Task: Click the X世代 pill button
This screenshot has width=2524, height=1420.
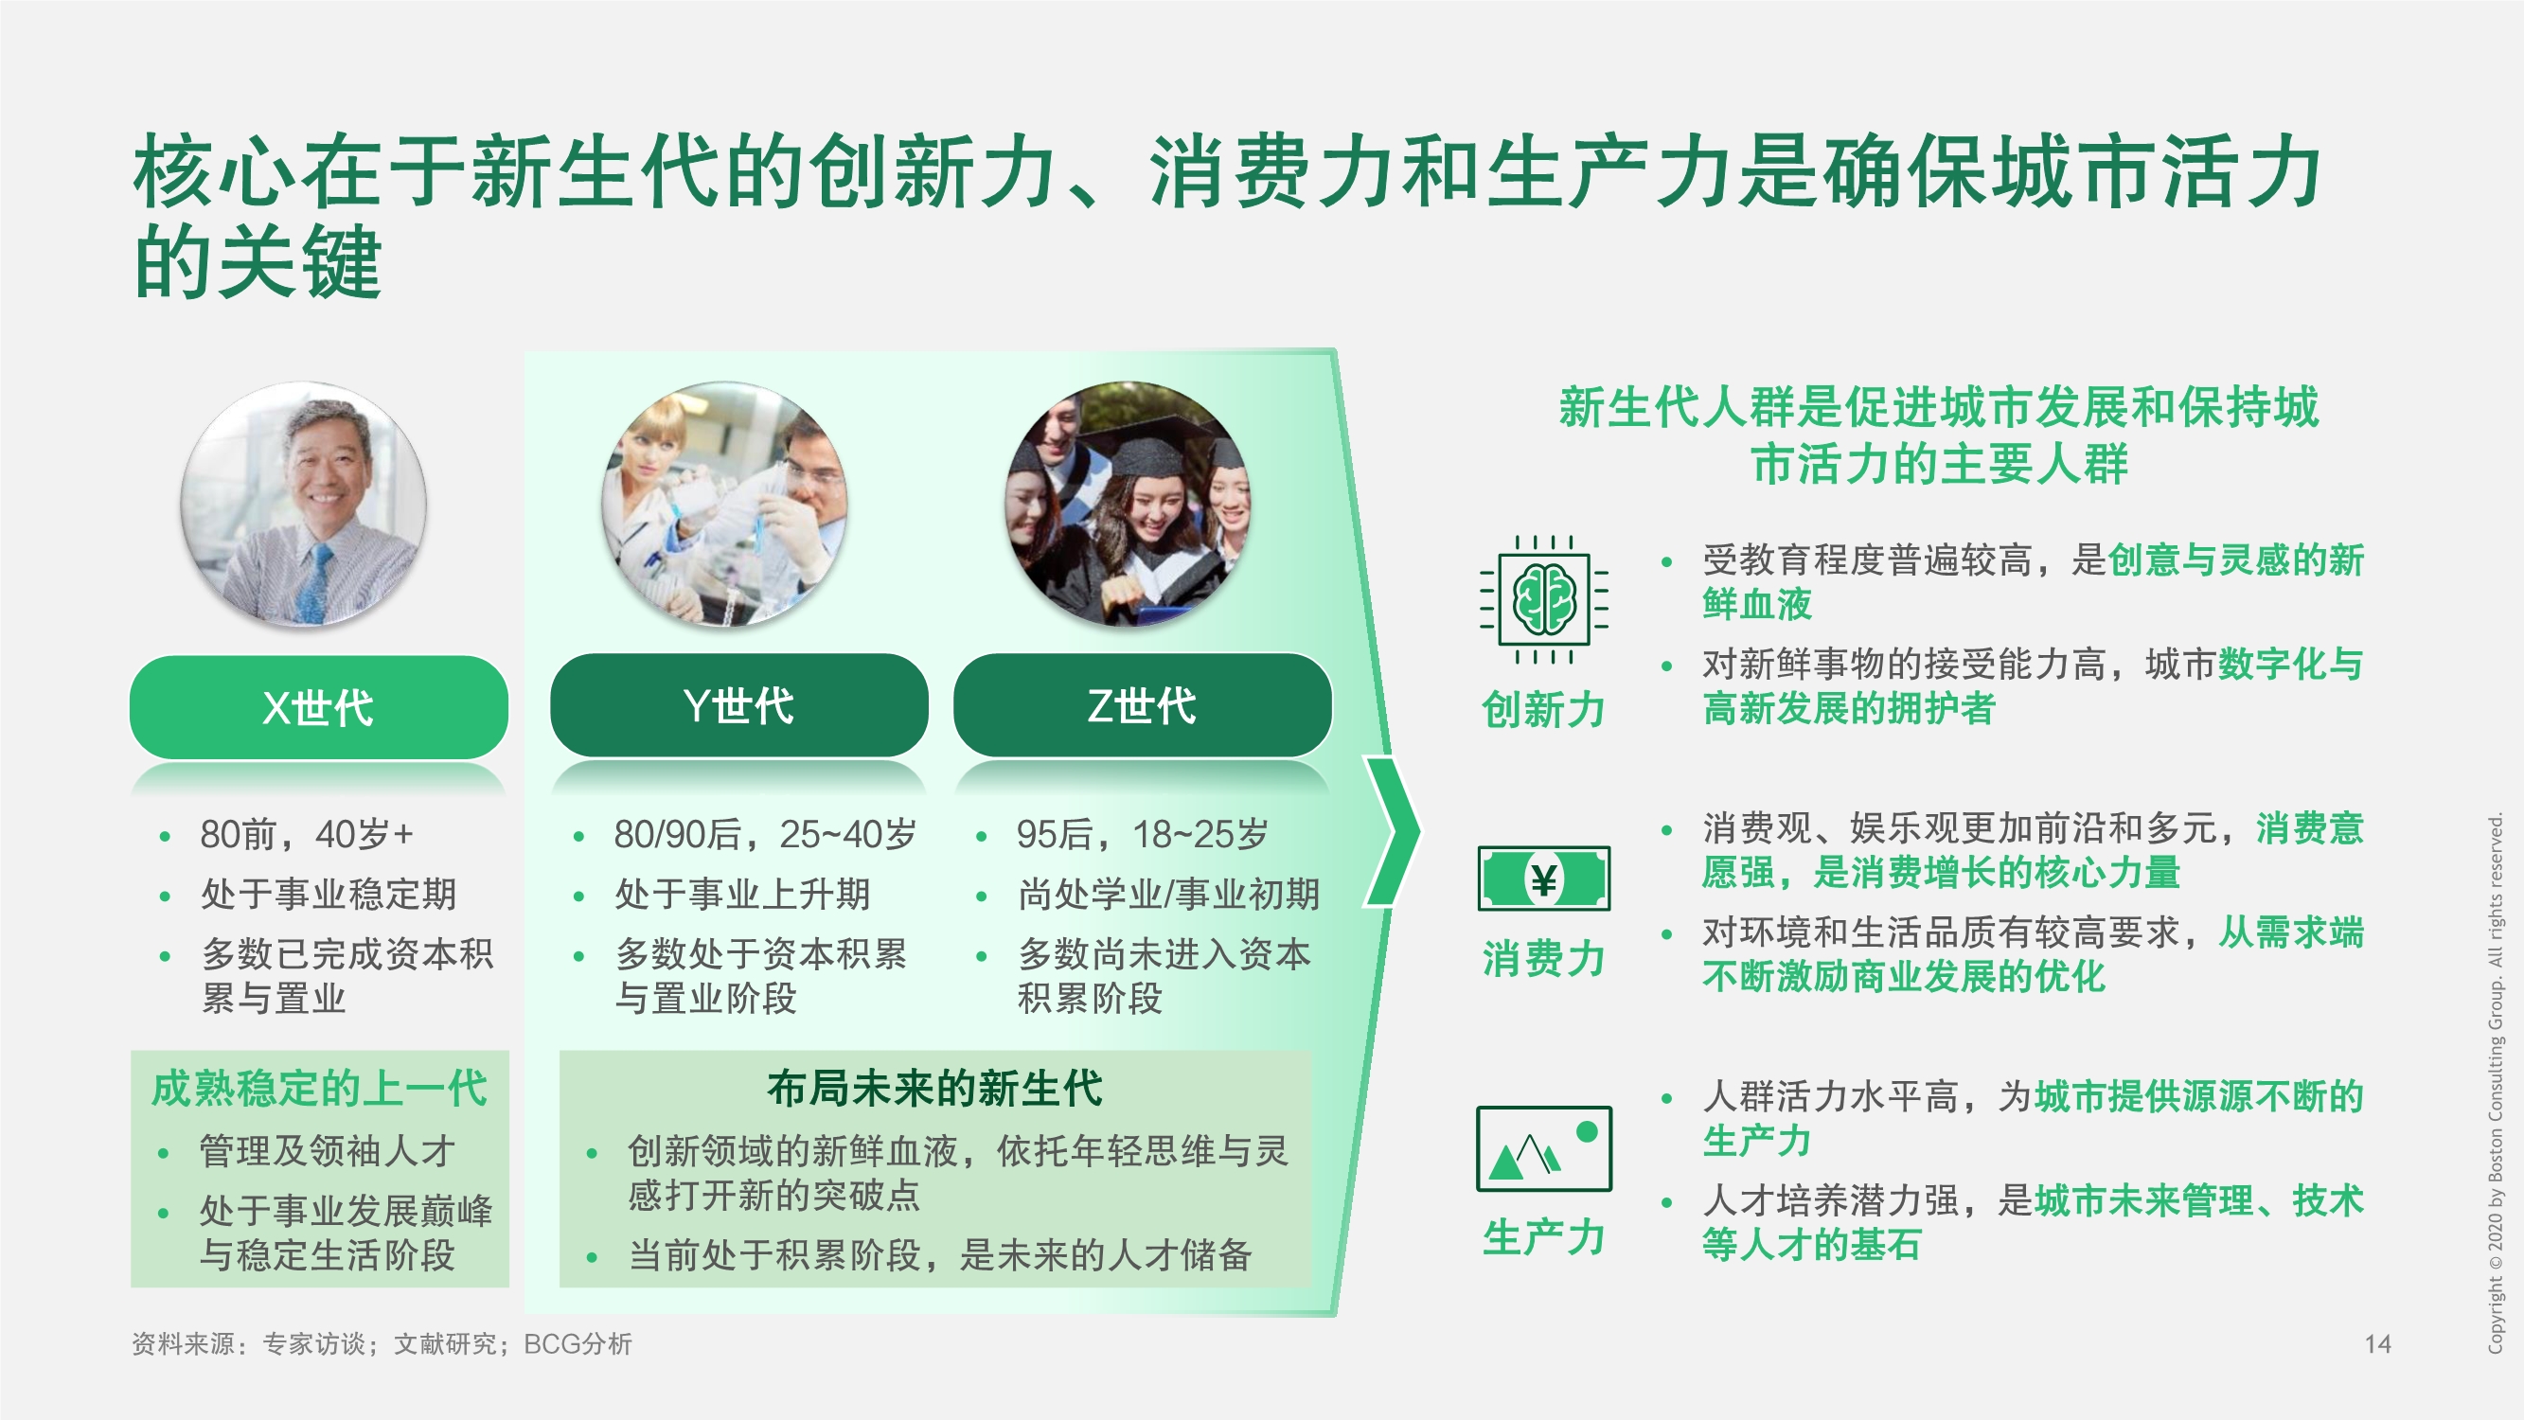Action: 318,706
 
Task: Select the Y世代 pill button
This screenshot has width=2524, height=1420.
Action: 738,704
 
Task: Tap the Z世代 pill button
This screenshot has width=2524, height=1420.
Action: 1142,704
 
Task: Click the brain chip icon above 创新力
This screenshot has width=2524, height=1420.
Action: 1543,599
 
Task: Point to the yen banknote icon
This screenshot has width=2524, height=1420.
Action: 1543,879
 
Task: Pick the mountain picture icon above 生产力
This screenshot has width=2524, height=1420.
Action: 1543,1147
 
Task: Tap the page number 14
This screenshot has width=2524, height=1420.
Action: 2377,1343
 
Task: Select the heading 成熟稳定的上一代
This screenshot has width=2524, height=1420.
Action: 319,1089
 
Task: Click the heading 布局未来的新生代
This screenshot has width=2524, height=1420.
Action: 934,1088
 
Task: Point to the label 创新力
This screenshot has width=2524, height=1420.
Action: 1543,709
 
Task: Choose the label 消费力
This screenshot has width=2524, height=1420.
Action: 1543,958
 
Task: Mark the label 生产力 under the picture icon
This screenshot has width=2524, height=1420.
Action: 1543,1236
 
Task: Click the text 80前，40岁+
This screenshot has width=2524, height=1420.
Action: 307,834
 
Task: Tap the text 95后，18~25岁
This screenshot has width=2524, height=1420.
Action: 1142,834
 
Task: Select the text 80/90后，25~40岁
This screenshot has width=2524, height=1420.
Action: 764,834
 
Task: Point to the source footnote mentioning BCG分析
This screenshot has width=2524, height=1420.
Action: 382,1343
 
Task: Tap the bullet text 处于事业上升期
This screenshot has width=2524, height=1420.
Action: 741,894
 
